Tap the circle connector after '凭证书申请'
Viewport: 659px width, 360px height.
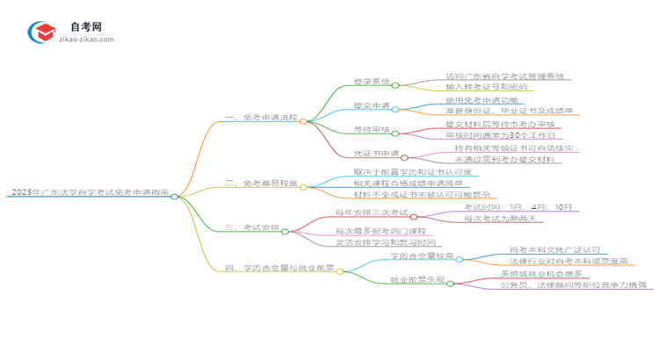[405, 155]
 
